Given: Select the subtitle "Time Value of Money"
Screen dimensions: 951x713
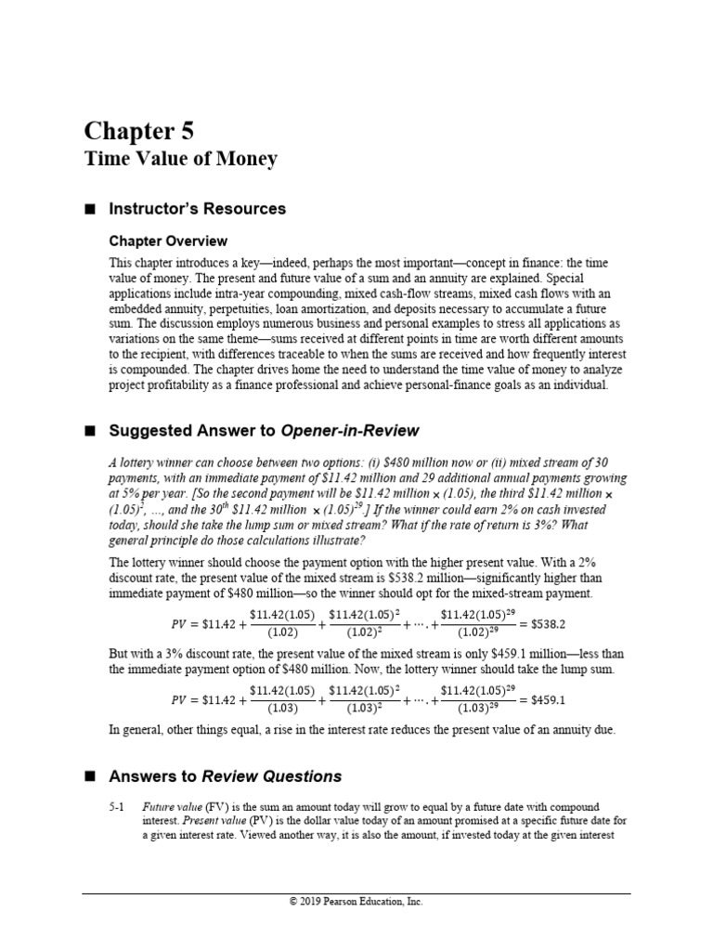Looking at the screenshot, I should [x=181, y=159].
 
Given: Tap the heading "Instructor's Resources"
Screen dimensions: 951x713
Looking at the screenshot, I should [x=198, y=209].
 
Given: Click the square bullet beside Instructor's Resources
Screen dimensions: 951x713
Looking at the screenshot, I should [x=90, y=209].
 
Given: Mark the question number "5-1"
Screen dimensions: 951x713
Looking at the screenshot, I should [x=116, y=808].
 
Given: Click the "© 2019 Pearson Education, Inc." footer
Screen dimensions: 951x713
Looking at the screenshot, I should [x=356, y=901].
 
